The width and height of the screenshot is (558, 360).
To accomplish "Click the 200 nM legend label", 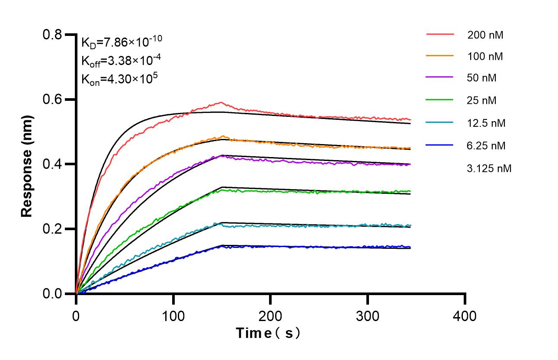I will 485,35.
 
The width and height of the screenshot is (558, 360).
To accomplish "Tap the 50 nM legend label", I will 482,78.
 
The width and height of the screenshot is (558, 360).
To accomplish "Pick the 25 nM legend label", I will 482,101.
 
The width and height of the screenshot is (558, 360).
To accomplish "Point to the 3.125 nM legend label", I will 489,168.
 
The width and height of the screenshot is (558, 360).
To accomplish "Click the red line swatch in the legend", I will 439,33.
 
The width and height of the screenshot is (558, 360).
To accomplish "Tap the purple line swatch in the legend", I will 439,77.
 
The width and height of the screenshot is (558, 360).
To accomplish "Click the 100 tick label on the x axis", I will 173,316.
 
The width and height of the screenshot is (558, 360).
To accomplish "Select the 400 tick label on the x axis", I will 465,316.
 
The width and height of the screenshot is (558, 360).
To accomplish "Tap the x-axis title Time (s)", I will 268,334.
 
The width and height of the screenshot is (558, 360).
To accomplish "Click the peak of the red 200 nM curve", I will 221,103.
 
